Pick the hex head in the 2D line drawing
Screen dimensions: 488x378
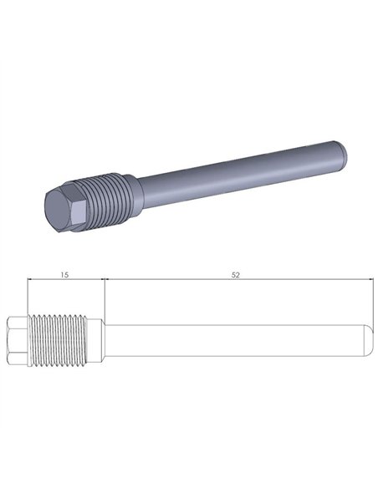pyautogui.click(x=18, y=342)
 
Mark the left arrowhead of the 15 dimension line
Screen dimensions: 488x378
pyautogui.click(x=31, y=281)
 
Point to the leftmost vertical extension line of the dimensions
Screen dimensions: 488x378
pyautogui.click(x=28, y=297)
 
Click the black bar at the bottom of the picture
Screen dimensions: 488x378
pyautogui.click(x=189, y=460)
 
